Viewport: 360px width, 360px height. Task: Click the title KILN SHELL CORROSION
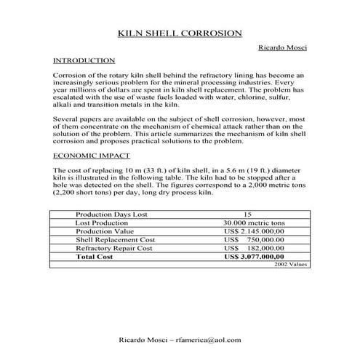180,33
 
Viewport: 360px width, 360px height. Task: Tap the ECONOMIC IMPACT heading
92,156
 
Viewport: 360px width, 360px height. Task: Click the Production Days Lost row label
111,215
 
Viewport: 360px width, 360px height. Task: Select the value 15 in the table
247,215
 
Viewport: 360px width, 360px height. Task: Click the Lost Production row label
103,223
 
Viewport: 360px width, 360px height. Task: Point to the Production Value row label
104,231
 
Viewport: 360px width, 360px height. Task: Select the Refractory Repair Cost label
114,248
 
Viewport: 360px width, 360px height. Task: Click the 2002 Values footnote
291,265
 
